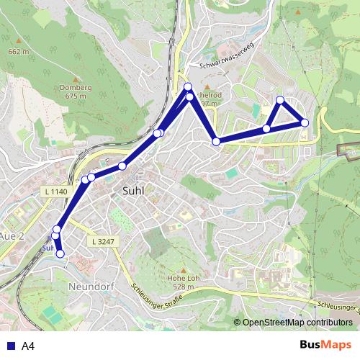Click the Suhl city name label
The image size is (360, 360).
(x=130, y=191)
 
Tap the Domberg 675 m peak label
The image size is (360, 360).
(x=76, y=91)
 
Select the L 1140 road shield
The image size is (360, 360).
(x=55, y=191)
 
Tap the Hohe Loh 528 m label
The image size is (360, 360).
(x=181, y=283)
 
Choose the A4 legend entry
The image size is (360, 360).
(x=28, y=346)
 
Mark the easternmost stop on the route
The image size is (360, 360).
(x=305, y=123)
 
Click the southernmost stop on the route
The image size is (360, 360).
(x=60, y=253)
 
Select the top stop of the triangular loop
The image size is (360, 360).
(x=280, y=100)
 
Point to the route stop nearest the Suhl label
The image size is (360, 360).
(x=122, y=166)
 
